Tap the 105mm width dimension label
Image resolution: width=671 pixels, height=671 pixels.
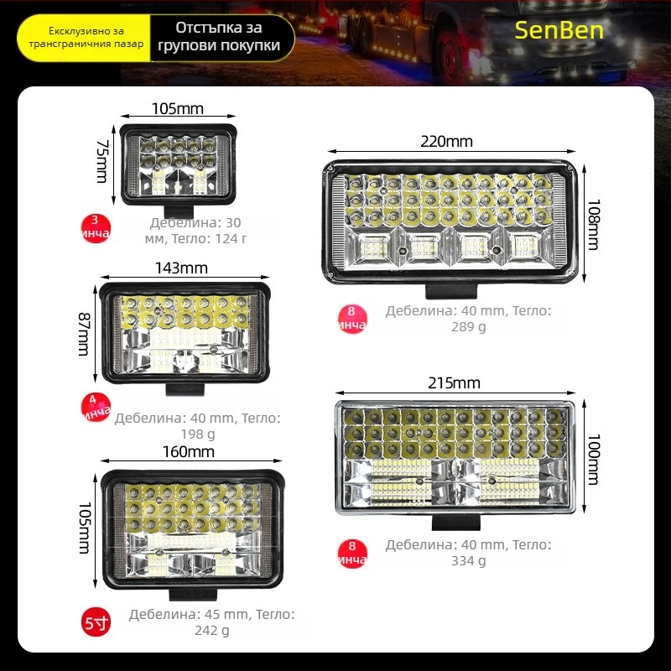point(178,108)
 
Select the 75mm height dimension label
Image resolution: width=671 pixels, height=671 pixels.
point(102,163)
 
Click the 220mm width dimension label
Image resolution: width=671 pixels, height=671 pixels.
point(446,141)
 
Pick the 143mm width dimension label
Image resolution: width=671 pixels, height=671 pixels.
point(183,268)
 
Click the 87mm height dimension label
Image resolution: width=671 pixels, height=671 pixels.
point(84,332)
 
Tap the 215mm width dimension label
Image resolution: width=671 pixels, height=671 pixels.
point(453,383)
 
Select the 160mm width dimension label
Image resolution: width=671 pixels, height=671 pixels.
point(190,452)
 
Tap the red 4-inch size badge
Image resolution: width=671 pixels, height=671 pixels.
point(95,406)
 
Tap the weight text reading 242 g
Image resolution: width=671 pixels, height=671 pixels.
point(212,630)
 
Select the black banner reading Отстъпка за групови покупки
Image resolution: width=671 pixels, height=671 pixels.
point(222,38)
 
